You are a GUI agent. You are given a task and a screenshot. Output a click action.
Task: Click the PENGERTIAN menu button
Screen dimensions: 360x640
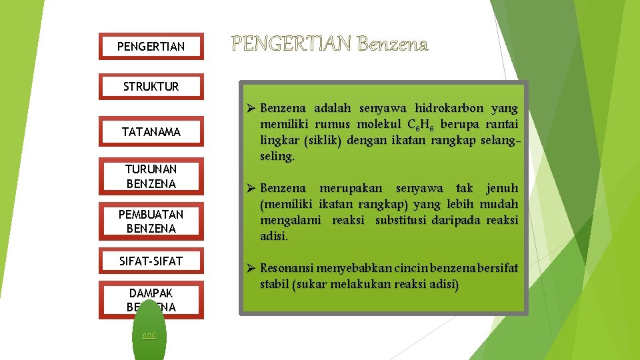pyautogui.click(x=151, y=47)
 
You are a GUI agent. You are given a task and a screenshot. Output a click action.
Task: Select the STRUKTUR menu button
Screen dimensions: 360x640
pyautogui.click(x=151, y=87)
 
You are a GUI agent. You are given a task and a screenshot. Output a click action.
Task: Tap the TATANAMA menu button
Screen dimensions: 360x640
pyautogui.click(x=151, y=132)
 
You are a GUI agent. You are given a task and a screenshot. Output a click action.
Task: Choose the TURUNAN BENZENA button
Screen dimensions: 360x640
pyautogui.click(x=151, y=177)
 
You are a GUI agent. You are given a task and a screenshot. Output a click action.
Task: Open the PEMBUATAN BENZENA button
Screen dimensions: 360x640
pyautogui.click(x=151, y=221)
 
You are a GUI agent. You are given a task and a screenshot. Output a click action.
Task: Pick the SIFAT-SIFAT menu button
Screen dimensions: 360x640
pyautogui.click(x=151, y=261)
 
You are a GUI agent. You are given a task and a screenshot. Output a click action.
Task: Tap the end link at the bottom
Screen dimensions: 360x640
pyautogui.click(x=149, y=335)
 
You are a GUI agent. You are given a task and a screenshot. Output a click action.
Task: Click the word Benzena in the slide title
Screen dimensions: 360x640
pyautogui.click(x=393, y=45)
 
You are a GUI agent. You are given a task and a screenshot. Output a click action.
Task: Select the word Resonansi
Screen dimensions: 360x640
pyautogui.click(x=287, y=269)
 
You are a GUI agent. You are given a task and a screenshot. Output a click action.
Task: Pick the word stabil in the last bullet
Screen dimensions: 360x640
pyautogui.click(x=274, y=285)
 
